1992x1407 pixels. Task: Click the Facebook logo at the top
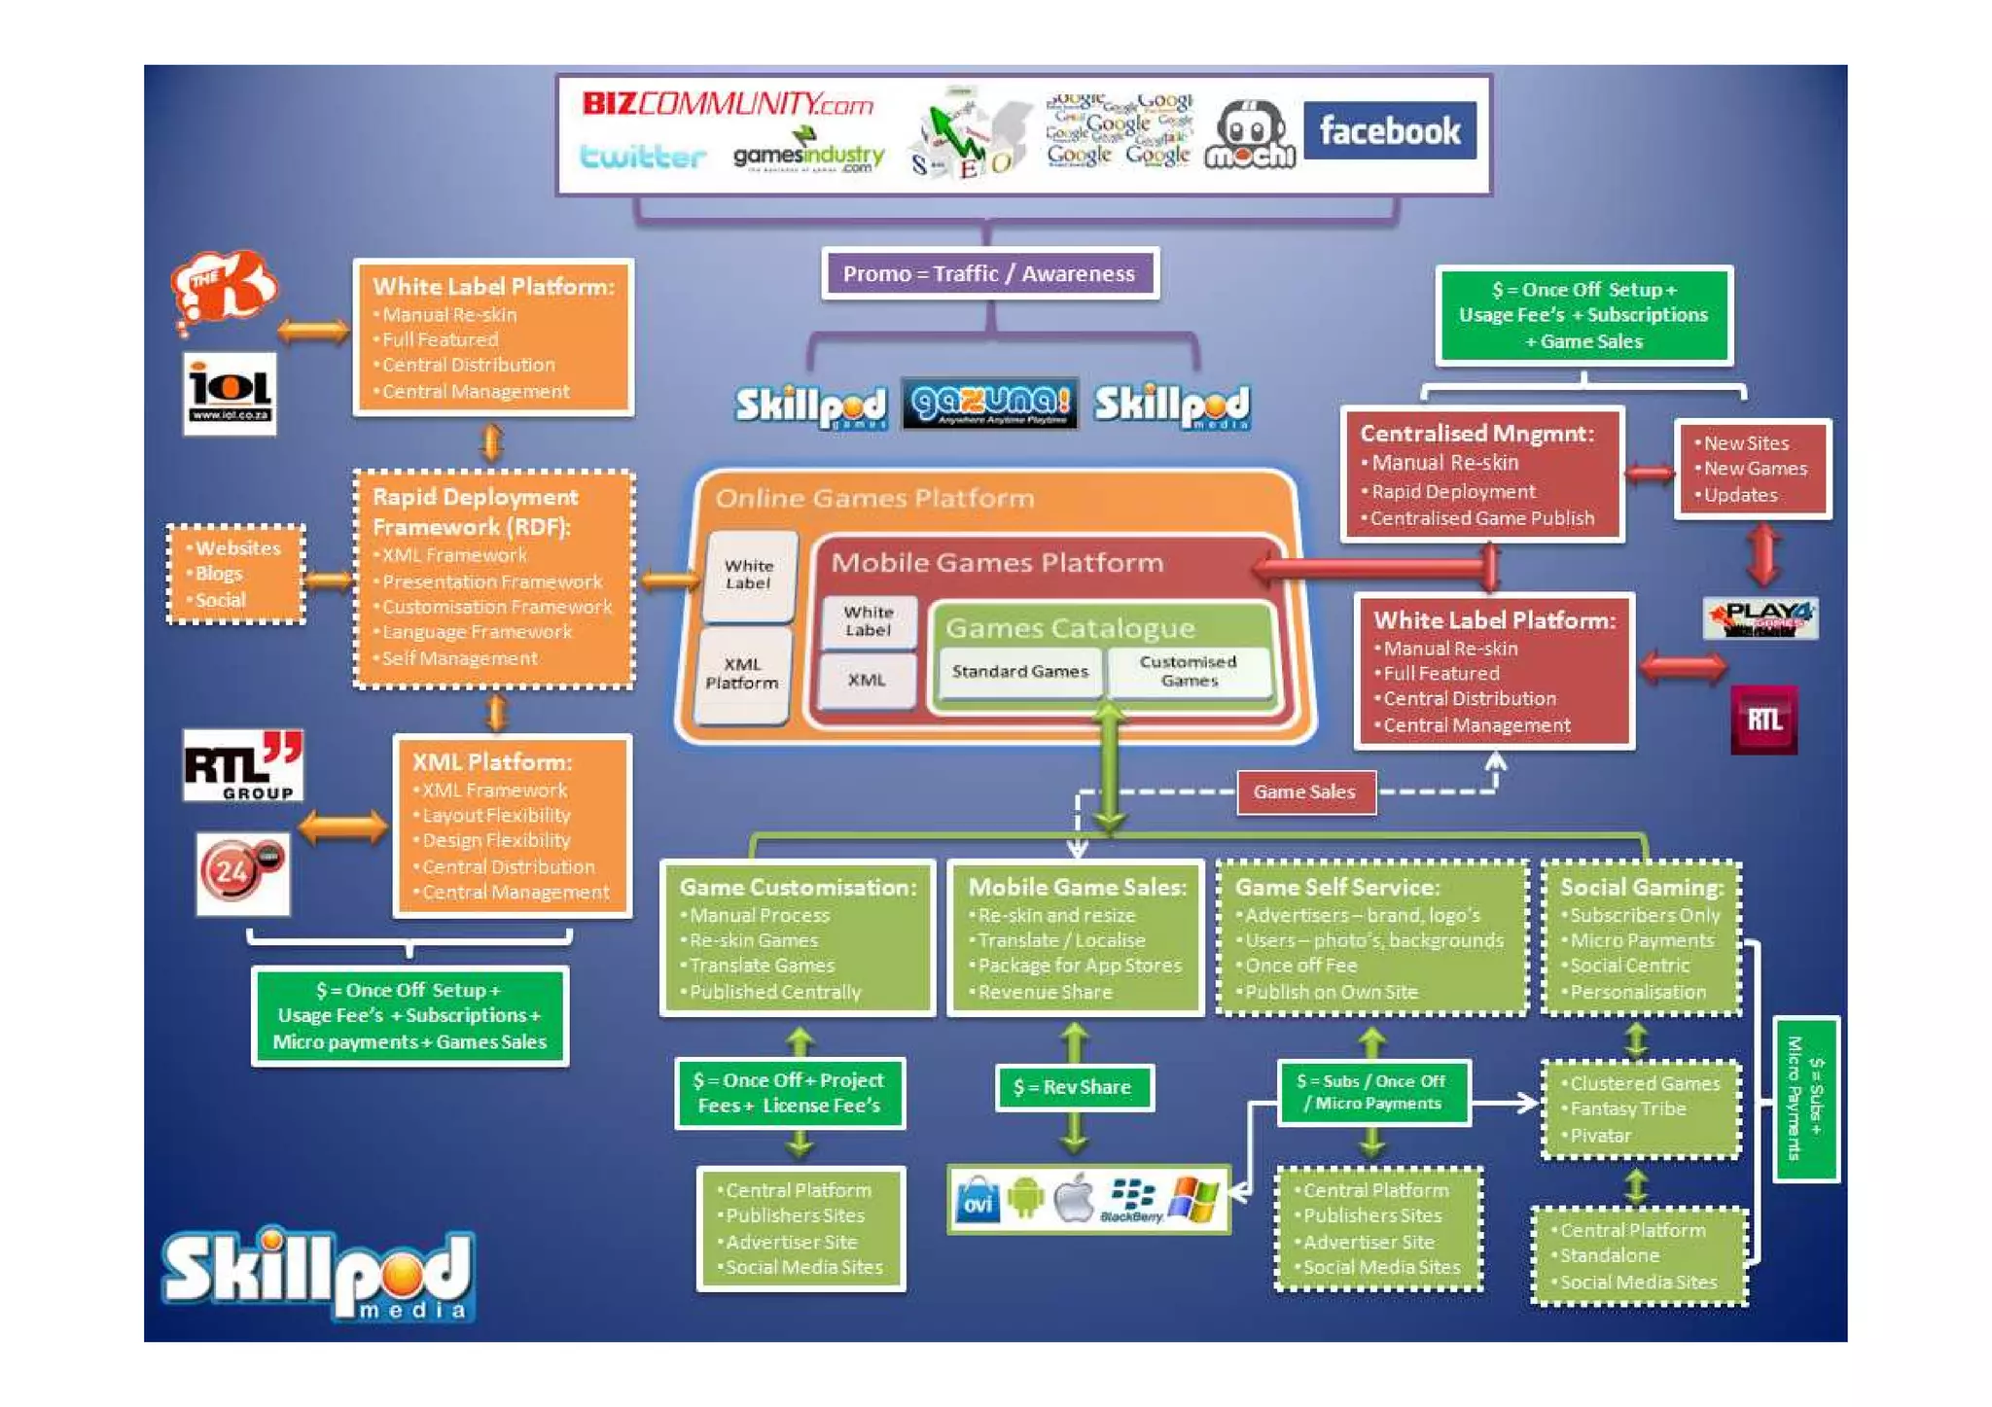[x=1389, y=130]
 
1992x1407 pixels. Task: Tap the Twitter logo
[x=642, y=157]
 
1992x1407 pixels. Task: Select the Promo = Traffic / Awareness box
[x=989, y=274]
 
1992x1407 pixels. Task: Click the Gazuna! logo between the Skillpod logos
[x=989, y=404]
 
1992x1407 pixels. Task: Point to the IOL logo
[x=230, y=393]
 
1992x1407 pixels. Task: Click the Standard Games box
[x=1019, y=672]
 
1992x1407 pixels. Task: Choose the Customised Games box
[x=1188, y=671]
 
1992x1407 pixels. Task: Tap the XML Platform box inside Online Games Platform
[x=742, y=674]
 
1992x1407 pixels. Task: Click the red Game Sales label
[x=1304, y=792]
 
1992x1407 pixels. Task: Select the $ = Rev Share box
[x=1073, y=1087]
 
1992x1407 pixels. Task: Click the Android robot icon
[x=1025, y=1198]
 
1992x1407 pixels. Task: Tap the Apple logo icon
[x=1074, y=1198]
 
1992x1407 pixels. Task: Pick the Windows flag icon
[x=1192, y=1199]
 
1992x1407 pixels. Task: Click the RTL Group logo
[x=243, y=766]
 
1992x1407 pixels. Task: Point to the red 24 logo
[x=242, y=872]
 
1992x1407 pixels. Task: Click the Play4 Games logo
[x=1761, y=618]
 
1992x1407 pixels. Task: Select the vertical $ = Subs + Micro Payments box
[x=1805, y=1099]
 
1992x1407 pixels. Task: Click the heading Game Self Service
[x=1336, y=887]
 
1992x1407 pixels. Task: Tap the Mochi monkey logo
[x=1250, y=137]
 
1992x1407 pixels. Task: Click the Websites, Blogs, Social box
[x=236, y=574]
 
